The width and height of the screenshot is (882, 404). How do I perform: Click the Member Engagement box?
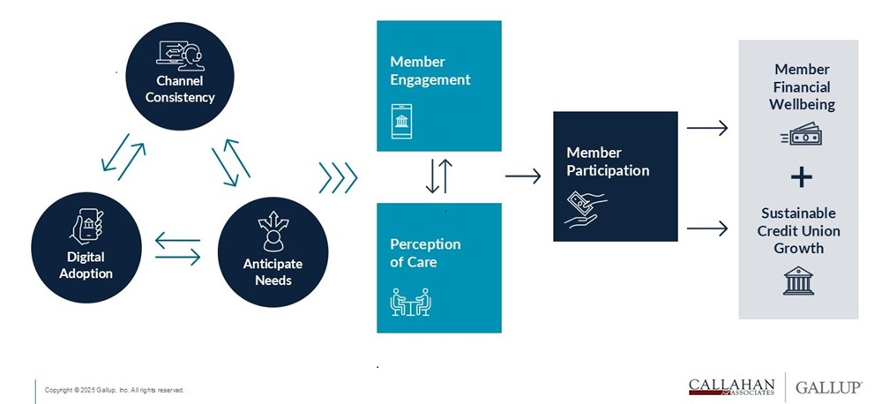tap(438, 85)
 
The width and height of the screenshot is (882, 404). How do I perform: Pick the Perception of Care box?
tap(438, 267)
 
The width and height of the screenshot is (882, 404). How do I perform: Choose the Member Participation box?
tap(615, 176)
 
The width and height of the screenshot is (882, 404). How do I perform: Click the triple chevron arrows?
tap(338, 176)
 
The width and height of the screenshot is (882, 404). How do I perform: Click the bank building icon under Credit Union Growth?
tap(799, 281)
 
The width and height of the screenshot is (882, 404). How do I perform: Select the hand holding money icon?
tap(585, 209)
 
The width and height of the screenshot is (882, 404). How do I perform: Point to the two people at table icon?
tap(410, 302)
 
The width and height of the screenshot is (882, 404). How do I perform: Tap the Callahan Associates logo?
tap(731, 386)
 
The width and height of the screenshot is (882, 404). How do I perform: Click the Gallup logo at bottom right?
tap(828, 386)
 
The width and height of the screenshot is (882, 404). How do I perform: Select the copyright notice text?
tap(115, 390)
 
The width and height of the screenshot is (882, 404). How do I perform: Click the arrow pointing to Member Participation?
tap(523, 176)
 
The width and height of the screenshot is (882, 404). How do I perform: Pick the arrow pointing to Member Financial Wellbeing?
tap(707, 128)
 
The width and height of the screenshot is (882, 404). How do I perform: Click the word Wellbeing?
tap(802, 104)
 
